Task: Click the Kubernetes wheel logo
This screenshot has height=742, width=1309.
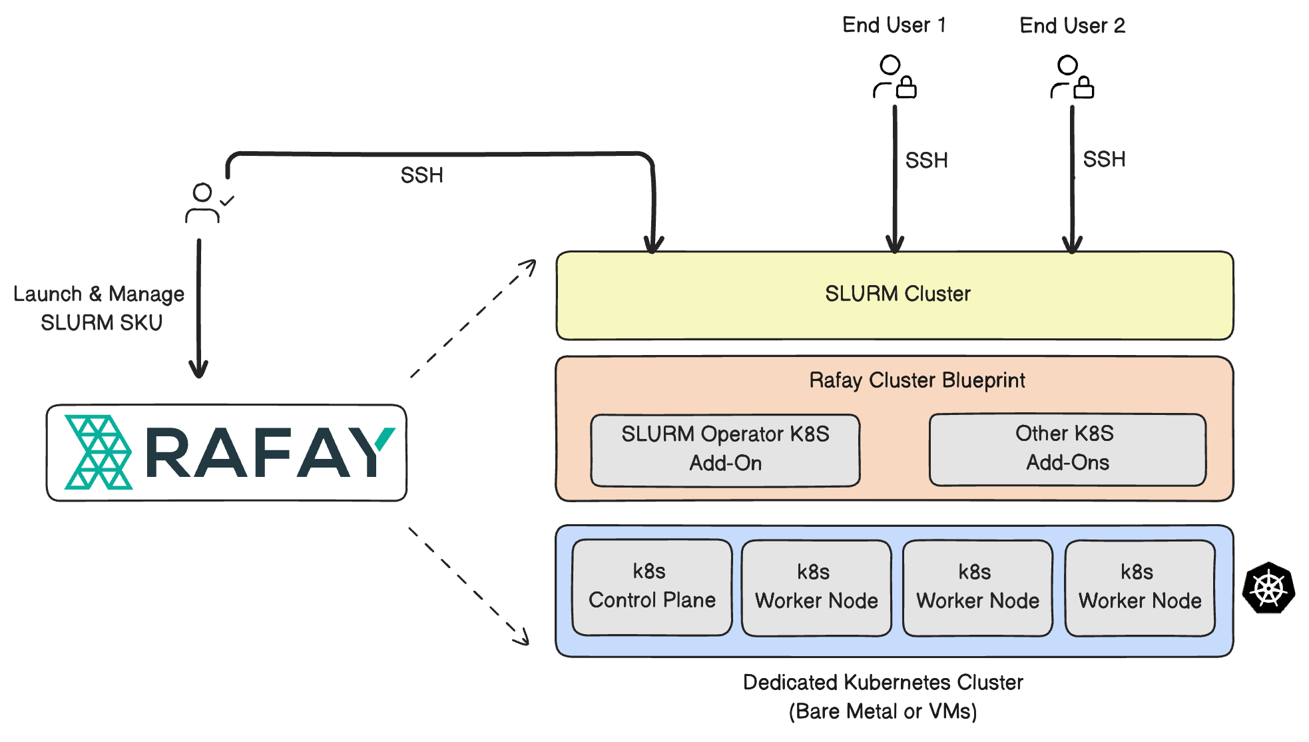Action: pos(1268,588)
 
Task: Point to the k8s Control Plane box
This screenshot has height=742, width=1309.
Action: pos(652,587)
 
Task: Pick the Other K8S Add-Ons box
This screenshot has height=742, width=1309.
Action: pos(1067,448)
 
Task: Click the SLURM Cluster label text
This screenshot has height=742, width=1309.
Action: pos(898,294)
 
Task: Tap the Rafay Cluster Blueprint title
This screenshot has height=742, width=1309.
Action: pos(917,380)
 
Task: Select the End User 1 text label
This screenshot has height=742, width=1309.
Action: pos(894,25)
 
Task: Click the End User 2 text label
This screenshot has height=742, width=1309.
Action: pos(1072,26)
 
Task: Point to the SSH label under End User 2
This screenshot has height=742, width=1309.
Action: pos(1104,160)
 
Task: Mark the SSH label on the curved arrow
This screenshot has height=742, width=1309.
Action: pos(421,175)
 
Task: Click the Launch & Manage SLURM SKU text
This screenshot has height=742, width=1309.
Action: pos(99,308)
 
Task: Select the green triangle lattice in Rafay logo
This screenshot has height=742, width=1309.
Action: pos(98,452)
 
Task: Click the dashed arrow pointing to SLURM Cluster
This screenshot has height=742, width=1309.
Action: pos(473,318)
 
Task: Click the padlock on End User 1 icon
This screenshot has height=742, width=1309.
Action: pos(906,87)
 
